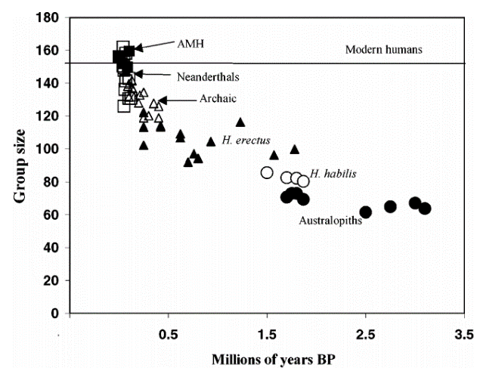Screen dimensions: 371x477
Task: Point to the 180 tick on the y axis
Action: pos(51,17)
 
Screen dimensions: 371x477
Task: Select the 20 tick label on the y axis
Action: pos(54,280)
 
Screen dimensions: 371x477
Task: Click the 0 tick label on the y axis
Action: pos(57,313)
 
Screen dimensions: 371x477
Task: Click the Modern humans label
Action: pos(383,50)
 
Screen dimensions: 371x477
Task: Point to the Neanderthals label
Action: pos(204,76)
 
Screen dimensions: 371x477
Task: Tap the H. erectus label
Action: pos(246,141)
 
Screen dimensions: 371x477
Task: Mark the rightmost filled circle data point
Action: pos(425,208)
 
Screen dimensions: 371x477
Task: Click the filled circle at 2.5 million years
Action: pos(366,212)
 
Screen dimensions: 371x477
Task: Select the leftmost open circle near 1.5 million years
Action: pos(266,172)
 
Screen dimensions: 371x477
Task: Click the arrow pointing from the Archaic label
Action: pos(169,100)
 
